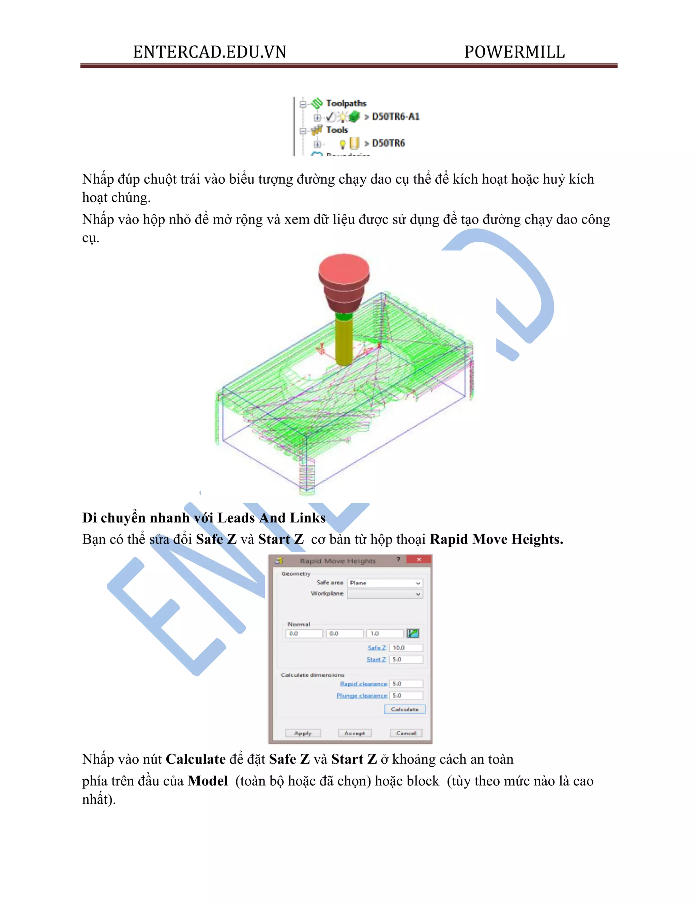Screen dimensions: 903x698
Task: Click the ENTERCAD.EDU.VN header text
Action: point(209,52)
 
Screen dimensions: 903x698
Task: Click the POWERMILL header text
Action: point(514,52)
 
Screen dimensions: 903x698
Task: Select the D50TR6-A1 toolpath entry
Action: point(395,117)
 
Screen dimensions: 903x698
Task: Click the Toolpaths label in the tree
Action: point(346,103)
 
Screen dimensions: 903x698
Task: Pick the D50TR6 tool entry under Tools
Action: point(388,143)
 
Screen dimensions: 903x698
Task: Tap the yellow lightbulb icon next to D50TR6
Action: point(343,144)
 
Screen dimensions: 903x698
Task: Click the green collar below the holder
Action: point(344,317)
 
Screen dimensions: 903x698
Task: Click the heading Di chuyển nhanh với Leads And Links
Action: point(203,518)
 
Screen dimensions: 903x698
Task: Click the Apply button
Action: point(303,733)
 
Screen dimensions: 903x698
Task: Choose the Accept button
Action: point(354,733)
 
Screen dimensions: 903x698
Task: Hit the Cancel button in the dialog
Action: point(406,733)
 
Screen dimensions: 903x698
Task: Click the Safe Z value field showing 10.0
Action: point(406,648)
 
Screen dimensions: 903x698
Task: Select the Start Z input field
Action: point(406,659)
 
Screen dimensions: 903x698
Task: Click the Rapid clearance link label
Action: point(363,684)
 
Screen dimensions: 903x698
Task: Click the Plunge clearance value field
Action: point(406,695)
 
